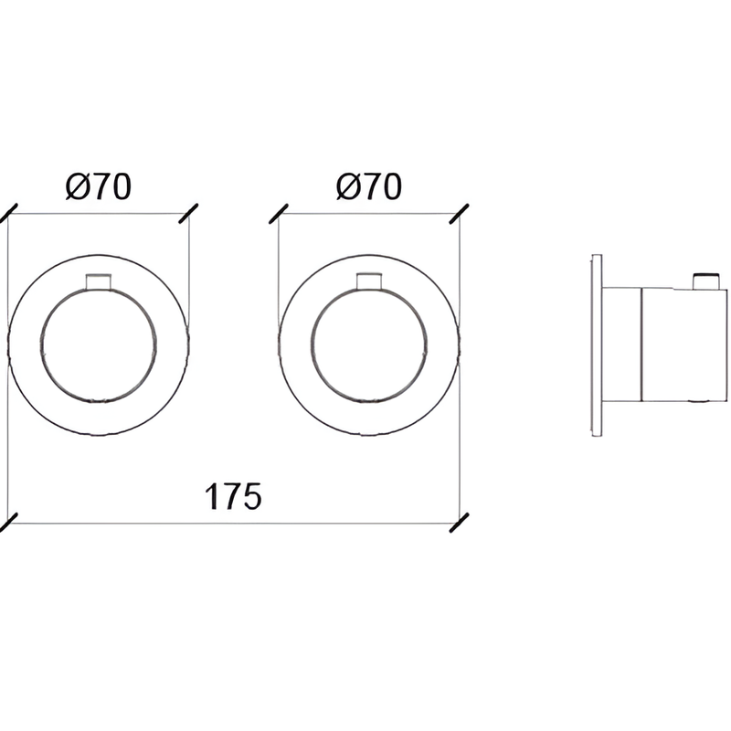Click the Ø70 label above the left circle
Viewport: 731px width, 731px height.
tap(99, 186)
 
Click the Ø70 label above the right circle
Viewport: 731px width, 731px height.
tap(368, 186)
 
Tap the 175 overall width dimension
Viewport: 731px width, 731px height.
tap(233, 496)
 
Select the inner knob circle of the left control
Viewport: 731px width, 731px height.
tap(41, 345)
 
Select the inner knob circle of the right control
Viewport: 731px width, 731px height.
tap(312, 345)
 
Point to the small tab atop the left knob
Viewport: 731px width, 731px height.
tap(99, 282)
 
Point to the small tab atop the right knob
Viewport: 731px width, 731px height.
tap(369, 282)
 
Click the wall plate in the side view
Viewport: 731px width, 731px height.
tap(597, 345)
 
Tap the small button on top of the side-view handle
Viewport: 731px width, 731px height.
tap(705, 281)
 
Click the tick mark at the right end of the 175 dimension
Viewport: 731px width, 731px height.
tap(460, 523)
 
